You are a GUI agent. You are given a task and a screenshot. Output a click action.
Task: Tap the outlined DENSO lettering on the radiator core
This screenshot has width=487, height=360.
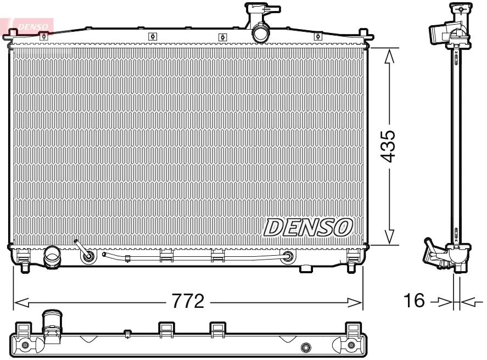coord(308,227)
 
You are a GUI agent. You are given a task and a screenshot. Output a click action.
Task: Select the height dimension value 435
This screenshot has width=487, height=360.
coord(388,146)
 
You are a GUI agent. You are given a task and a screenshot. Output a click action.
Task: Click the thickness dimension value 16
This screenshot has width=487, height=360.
coord(415,300)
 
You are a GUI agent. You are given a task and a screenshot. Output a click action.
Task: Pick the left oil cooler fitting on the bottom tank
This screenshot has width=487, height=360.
coord(87,255)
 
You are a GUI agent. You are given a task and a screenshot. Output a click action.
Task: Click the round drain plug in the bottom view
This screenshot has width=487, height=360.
coord(306,346)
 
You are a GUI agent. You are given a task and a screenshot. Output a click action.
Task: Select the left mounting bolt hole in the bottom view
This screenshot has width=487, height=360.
coord(25,345)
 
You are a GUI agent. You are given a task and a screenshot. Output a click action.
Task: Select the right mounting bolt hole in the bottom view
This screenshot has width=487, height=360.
coord(351,345)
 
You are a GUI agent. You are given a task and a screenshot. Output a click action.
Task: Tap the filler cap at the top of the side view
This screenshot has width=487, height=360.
coord(460,8)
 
